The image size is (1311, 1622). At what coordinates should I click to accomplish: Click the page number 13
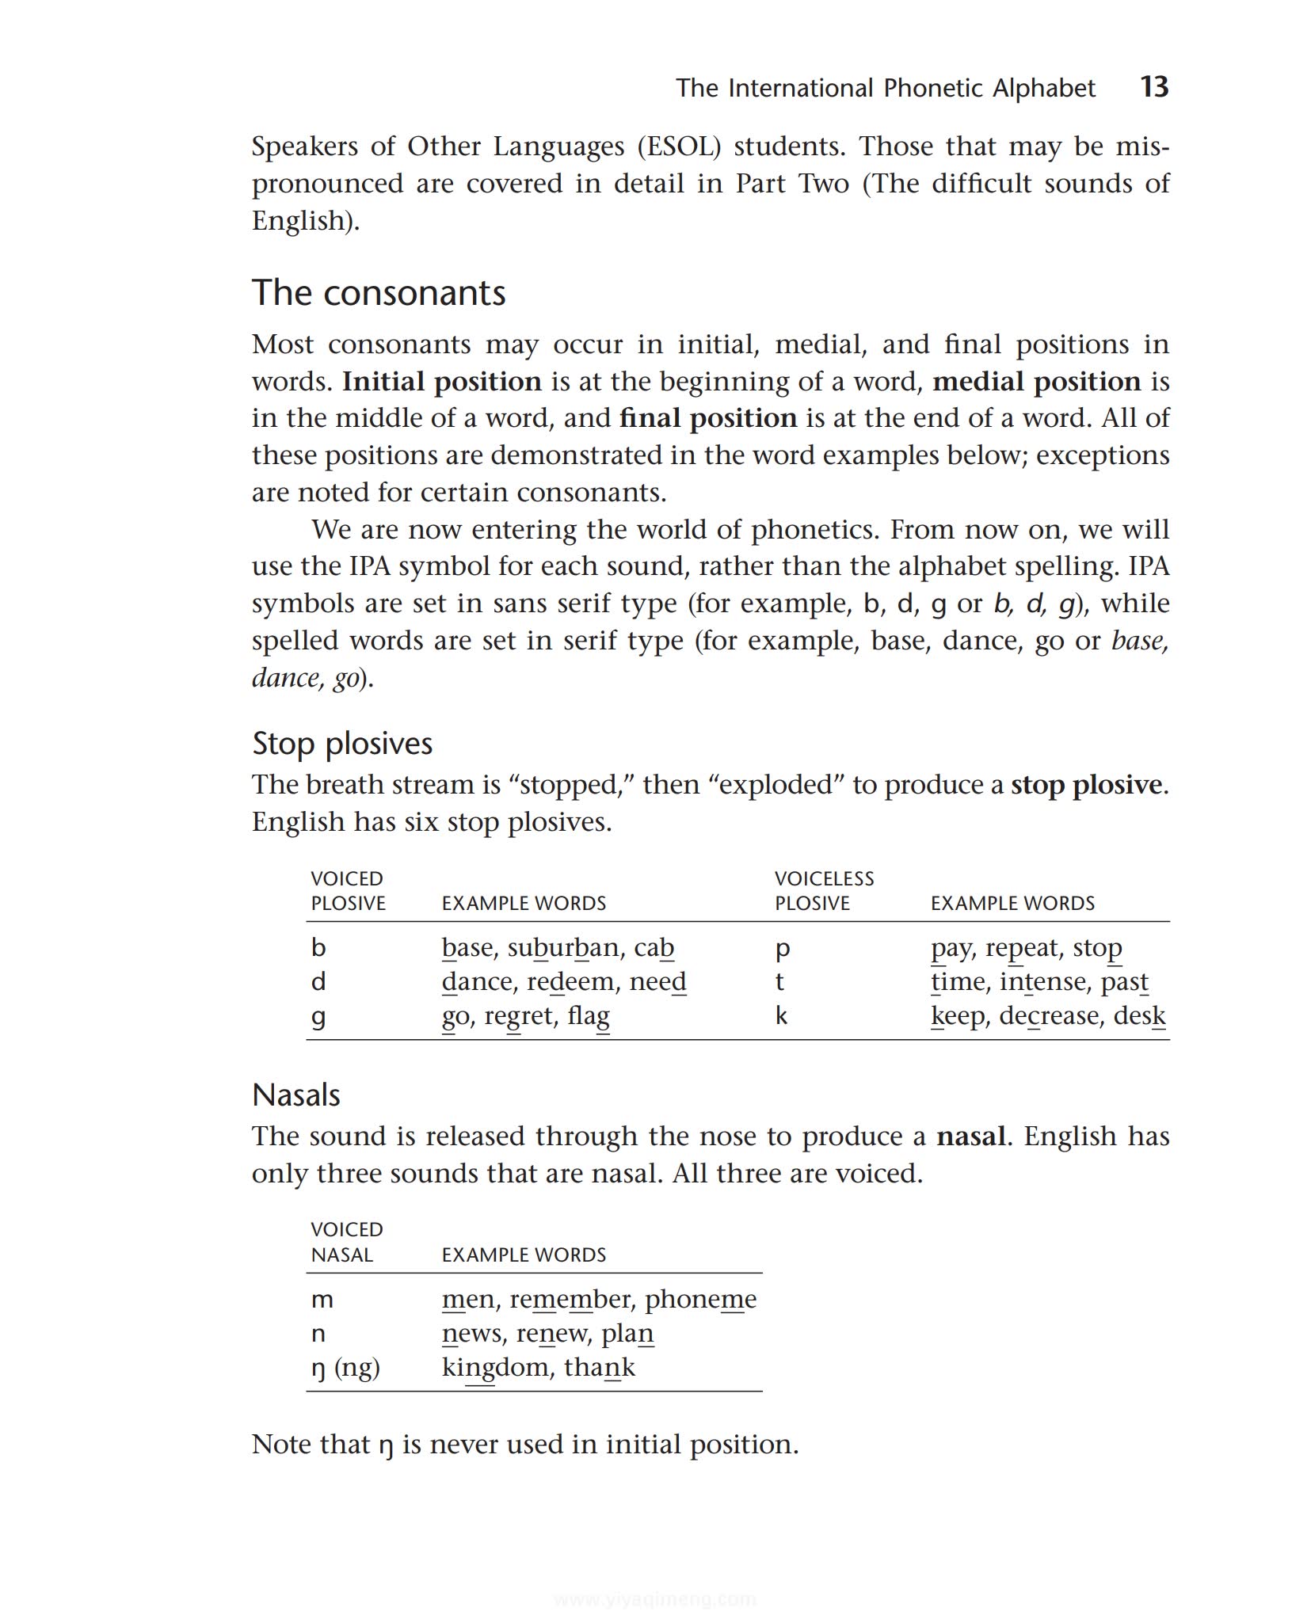tap(1153, 86)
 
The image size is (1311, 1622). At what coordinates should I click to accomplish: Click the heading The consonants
tap(378, 292)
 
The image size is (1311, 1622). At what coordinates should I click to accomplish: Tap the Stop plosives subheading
tap(342, 743)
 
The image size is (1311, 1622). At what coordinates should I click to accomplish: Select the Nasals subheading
tap(295, 1095)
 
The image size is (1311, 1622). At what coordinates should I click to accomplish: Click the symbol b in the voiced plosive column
tap(318, 947)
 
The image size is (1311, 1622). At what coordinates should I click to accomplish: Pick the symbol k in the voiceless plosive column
tap(781, 1015)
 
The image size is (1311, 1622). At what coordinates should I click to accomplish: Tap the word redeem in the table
tap(571, 981)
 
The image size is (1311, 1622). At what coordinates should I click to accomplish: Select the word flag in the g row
tap(588, 1016)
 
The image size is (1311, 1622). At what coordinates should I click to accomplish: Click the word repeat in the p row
tap(1021, 948)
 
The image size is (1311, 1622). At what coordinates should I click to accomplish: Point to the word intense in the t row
tap(1042, 981)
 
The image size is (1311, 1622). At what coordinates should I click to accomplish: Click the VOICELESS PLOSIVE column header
tap(824, 890)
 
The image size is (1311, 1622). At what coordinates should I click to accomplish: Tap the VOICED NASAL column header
tap(346, 1242)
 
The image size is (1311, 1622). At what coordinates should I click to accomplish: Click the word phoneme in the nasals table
tap(700, 1299)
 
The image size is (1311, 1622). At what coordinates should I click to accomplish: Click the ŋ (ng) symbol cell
tap(345, 1368)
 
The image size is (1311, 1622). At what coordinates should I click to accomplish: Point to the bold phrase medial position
tap(1035, 382)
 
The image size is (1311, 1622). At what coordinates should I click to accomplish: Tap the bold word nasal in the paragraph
tap(970, 1137)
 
